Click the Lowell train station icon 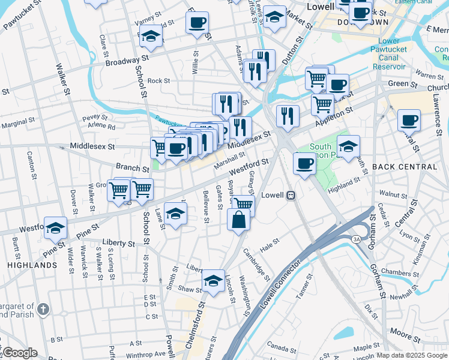pos(291,195)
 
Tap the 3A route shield pos(357,239)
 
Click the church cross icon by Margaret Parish pos(43,310)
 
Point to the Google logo pos(19,353)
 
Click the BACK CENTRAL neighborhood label pos(405,166)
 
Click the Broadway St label pos(127,61)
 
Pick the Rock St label pos(159,80)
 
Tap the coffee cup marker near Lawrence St pos(409,120)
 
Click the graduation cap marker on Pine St pos(55,227)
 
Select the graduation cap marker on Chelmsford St pos(212,280)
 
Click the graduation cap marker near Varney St pos(150,37)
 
